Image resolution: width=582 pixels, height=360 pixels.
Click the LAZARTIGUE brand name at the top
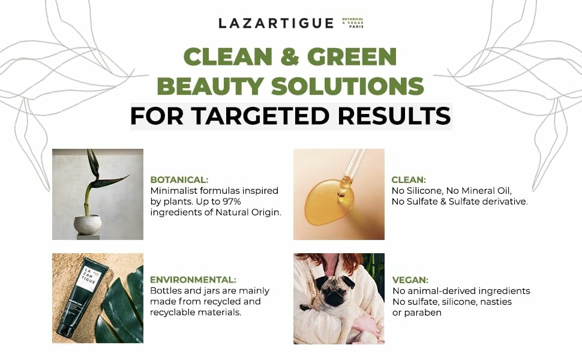pyautogui.click(x=275, y=23)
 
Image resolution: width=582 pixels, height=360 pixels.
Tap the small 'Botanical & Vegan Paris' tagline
pyautogui.click(x=353, y=23)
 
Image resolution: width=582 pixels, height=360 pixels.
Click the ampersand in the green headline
pyautogui.click(x=284, y=56)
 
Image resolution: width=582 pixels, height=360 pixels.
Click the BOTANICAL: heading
pyautogui.click(x=179, y=179)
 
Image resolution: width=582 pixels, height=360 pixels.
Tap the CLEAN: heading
pyautogui.click(x=409, y=179)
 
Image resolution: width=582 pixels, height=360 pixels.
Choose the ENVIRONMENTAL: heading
pyautogui.click(x=193, y=280)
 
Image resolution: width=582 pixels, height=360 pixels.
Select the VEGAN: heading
pyautogui.click(x=410, y=280)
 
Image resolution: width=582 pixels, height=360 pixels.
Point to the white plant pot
pyautogui.click(x=88, y=224)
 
